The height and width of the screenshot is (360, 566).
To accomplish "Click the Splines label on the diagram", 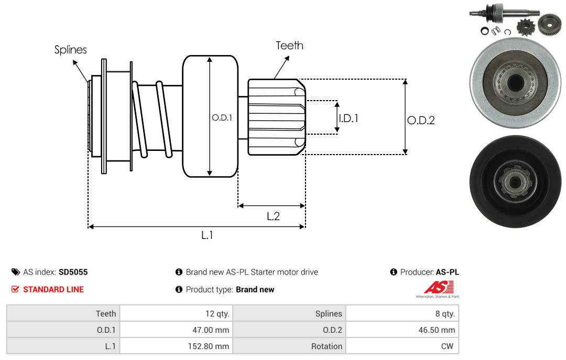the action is [70, 50].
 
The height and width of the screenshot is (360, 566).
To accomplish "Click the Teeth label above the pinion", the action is [289, 46].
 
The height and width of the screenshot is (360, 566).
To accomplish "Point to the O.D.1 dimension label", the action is [222, 117].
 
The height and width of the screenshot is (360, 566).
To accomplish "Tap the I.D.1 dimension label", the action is [349, 118].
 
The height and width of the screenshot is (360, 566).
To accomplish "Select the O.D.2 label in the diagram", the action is [421, 120].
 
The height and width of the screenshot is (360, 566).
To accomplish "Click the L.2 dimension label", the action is [273, 216].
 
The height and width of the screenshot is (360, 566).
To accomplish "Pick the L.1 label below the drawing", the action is [207, 235].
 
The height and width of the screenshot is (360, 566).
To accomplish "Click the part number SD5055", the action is [73, 272].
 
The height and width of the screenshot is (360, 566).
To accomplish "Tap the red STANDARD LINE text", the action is [53, 290].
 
